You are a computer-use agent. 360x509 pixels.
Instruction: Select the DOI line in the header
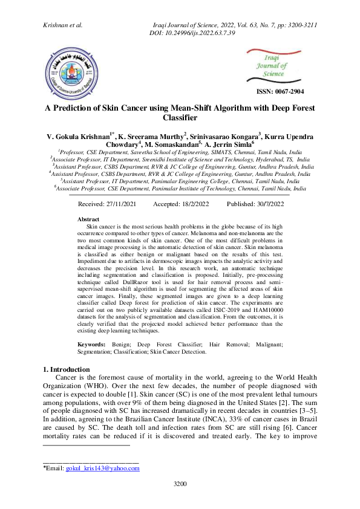(x=192, y=32)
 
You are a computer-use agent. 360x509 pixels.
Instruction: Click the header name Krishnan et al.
(x=63, y=25)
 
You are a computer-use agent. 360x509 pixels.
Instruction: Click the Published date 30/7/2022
(x=255, y=204)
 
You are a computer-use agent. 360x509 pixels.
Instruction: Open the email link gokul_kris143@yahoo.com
(x=102, y=468)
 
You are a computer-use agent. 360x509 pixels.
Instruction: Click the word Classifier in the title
(x=180, y=118)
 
